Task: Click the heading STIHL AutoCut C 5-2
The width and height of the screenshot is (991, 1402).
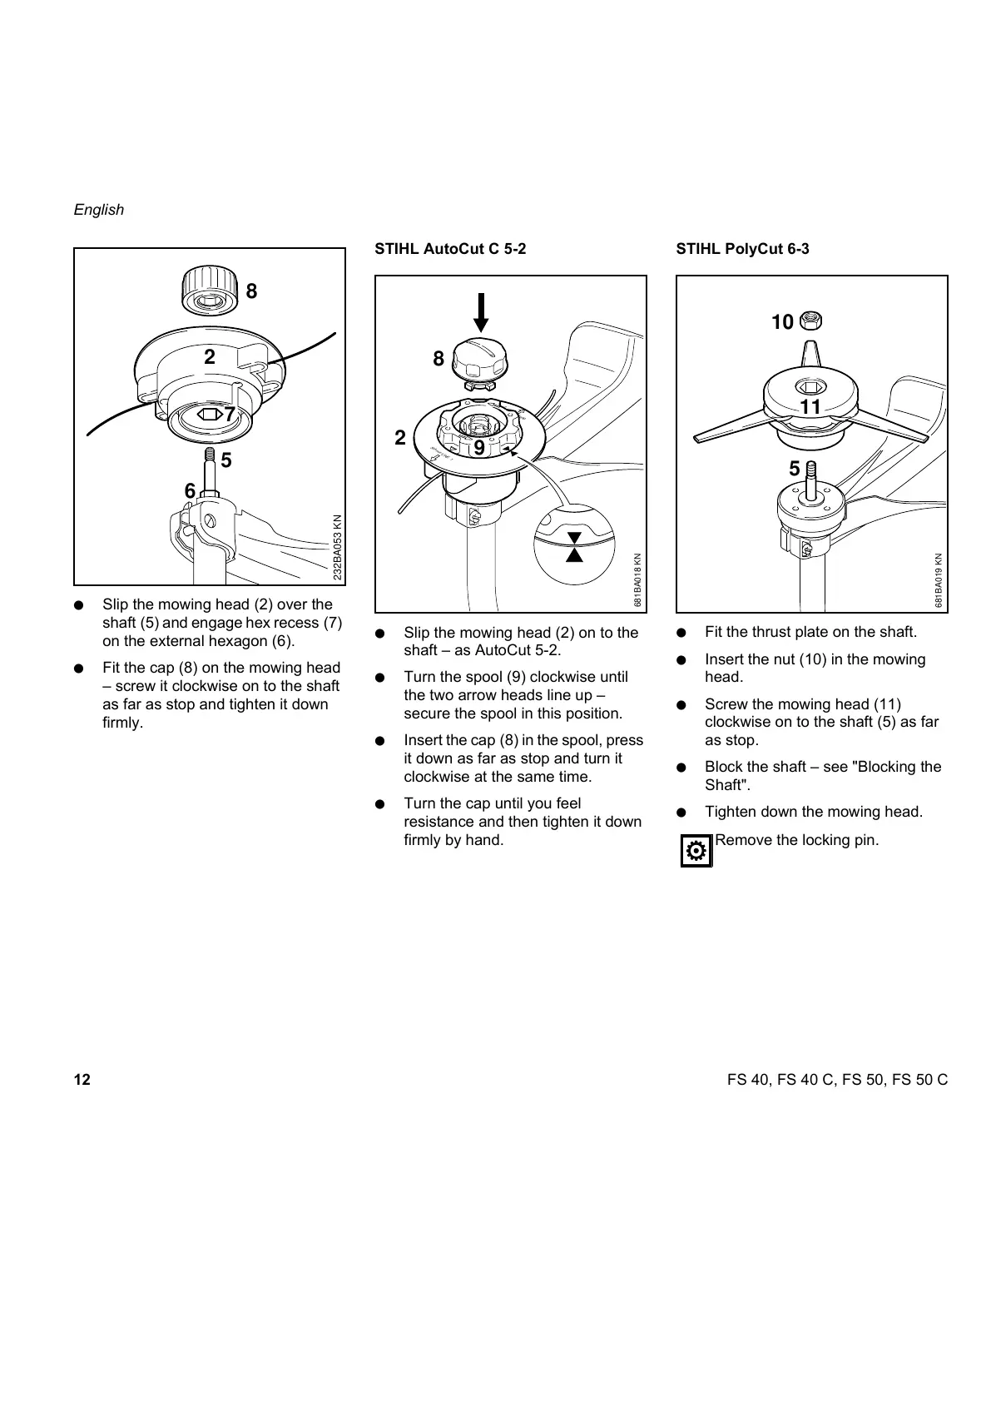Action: [x=450, y=249]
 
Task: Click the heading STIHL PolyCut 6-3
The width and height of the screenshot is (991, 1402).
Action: [x=742, y=249]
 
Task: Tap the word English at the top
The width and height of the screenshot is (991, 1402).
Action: [x=98, y=210]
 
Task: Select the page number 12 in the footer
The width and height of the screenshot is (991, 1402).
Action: [x=82, y=1081]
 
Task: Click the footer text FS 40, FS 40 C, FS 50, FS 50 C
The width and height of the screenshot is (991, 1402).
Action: [x=837, y=1081]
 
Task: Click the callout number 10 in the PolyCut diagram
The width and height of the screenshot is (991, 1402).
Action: [x=782, y=322]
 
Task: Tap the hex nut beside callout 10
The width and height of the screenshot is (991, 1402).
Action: [x=810, y=320]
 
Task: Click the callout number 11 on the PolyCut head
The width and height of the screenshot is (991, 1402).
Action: [x=810, y=407]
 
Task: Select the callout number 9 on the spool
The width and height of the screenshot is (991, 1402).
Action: [x=479, y=449]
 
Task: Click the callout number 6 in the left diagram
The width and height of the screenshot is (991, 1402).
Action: [x=190, y=491]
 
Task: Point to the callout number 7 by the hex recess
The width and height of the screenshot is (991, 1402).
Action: [x=230, y=412]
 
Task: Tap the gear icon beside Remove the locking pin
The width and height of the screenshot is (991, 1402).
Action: [x=696, y=850]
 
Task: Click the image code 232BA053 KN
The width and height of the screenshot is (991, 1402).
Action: [x=337, y=547]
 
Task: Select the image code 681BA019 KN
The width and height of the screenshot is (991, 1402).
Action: [x=939, y=580]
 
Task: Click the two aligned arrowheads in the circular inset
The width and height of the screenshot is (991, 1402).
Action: [x=573, y=546]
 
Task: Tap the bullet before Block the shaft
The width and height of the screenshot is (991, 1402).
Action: [x=682, y=767]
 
